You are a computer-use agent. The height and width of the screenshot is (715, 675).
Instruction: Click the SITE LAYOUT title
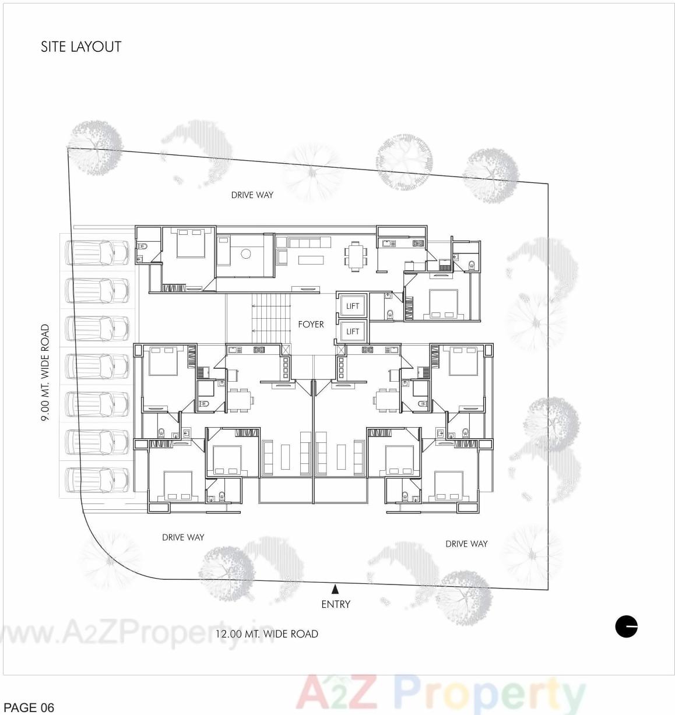[x=81, y=47]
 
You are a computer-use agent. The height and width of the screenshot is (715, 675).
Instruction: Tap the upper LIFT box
[x=352, y=306]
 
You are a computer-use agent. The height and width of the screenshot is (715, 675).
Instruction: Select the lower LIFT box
[x=352, y=332]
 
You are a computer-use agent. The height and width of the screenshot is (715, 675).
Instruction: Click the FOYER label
[x=311, y=324]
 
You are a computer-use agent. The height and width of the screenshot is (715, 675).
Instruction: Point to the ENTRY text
[x=336, y=604]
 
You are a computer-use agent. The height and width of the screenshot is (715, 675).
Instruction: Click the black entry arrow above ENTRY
[x=335, y=590]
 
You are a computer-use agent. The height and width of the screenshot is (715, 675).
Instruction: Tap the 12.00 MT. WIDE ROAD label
[x=267, y=634]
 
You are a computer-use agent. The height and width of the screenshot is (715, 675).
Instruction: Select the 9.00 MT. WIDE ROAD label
[x=45, y=372]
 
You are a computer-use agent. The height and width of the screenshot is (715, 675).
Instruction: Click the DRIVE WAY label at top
[x=252, y=195]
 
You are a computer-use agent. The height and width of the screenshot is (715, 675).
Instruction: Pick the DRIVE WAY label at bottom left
[x=183, y=537]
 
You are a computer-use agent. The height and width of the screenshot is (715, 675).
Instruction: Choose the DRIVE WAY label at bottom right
[x=466, y=544]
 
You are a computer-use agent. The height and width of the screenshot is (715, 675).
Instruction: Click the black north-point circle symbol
[x=627, y=627]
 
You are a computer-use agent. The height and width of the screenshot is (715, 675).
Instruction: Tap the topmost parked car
[x=97, y=252]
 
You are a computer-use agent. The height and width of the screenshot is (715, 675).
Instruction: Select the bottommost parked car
[x=97, y=480]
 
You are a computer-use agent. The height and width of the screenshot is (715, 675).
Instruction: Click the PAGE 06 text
[x=29, y=707]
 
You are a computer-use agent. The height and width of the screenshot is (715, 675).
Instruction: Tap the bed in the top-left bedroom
[x=190, y=244]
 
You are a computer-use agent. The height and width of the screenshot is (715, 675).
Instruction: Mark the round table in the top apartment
[x=245, y=254]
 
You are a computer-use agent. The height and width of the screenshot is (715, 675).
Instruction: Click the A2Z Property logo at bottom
[x=441, y=693]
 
